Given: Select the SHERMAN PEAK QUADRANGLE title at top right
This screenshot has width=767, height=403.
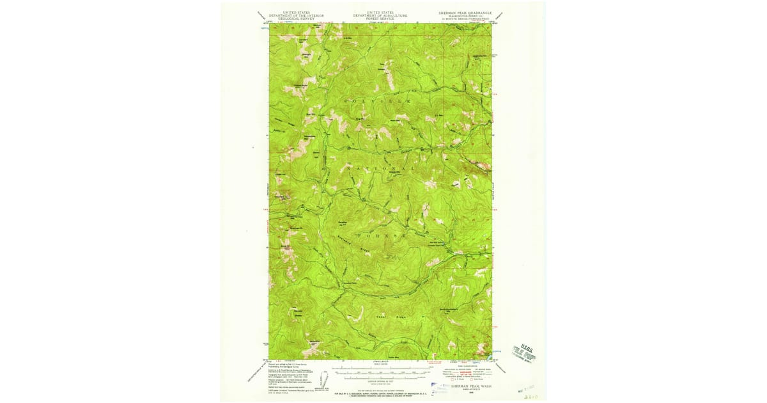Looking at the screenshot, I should tap(465, 12).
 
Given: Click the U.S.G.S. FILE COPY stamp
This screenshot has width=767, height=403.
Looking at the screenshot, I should tap(523, 351).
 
